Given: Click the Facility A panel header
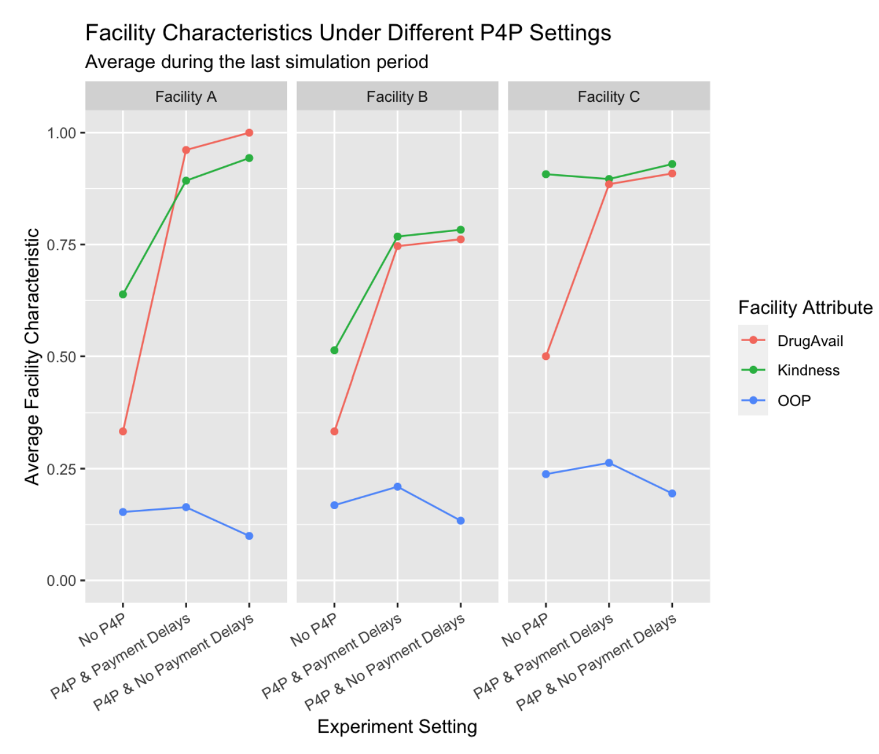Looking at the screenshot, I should (x=186, y=97).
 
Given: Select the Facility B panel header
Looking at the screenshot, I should (x=397, y=97).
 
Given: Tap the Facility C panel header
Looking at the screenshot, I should (x=608, y=97).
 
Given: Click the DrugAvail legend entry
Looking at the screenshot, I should (x=810, y=341).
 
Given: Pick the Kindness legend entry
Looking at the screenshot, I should (x=808, y=370).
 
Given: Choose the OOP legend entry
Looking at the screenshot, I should (x=794, y=401).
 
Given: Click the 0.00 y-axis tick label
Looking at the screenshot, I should (x=62, y=581).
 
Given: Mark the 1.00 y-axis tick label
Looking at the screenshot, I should (x=62, y=133).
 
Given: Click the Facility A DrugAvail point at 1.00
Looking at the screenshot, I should (x=249, y=133).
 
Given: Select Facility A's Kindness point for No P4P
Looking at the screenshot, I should (x=123, y=295).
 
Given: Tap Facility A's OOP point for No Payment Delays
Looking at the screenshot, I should (x=249, y=536).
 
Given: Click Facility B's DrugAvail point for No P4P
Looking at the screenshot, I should (x=334, y=431).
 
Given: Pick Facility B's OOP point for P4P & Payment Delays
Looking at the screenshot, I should (x=397, y=487).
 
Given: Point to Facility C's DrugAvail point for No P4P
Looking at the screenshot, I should (x=546, y=356).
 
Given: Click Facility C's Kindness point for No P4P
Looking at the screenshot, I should (x=546, y=174).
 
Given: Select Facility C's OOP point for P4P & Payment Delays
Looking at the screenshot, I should (x=608, y=463).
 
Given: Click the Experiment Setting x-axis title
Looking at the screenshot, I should (x=397, y=727).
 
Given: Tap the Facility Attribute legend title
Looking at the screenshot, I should (x=805, y=308).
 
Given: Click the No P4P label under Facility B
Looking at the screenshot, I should (x=314, y=630).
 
